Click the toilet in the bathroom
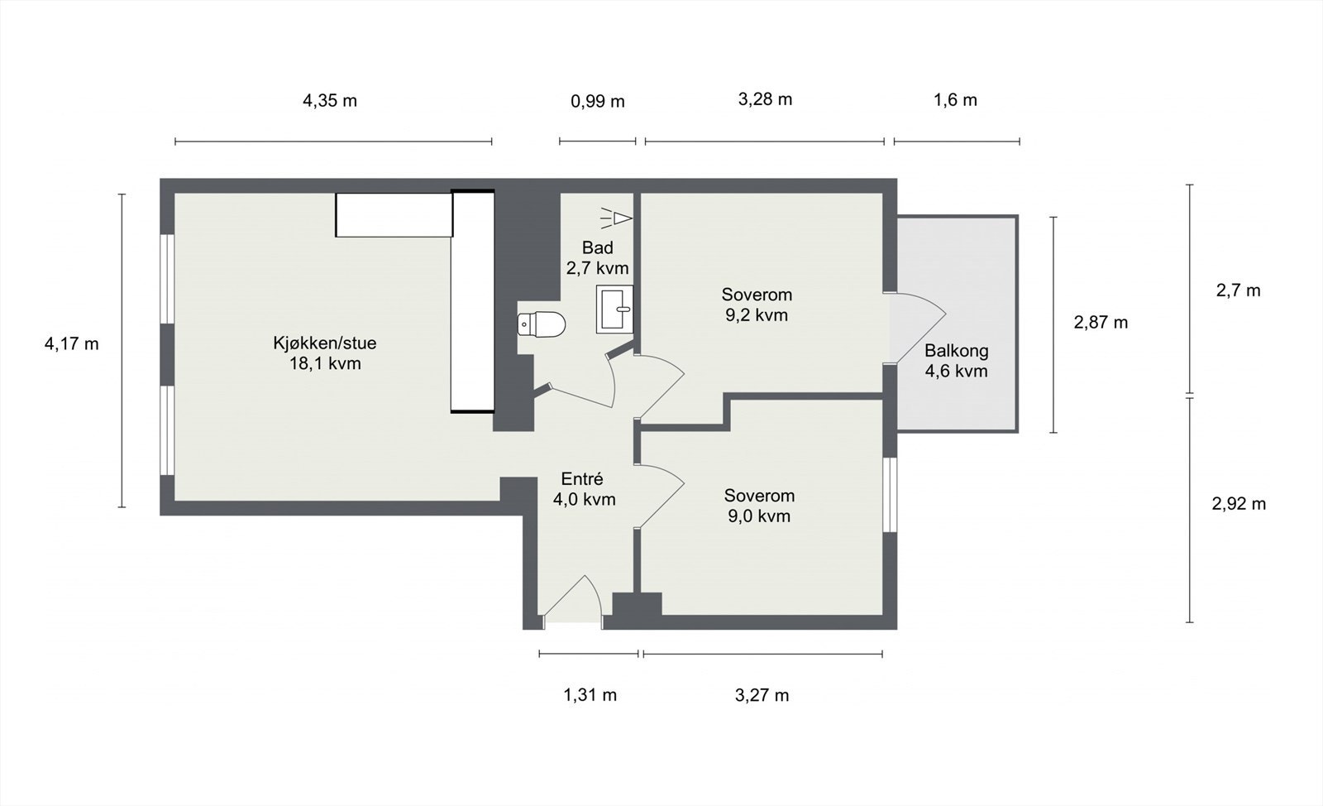542,324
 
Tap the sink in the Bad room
614,309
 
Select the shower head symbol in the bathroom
616,217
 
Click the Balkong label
956,351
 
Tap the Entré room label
582,479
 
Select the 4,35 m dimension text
330,101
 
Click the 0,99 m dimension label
597,102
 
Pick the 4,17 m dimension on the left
71,343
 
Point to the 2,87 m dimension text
1101,323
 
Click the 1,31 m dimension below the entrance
590,695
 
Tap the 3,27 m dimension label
762,695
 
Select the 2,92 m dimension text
1239,504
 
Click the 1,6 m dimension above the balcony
955,100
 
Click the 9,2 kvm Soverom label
757,315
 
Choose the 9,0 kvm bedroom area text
759,516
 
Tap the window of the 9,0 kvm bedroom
890,494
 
